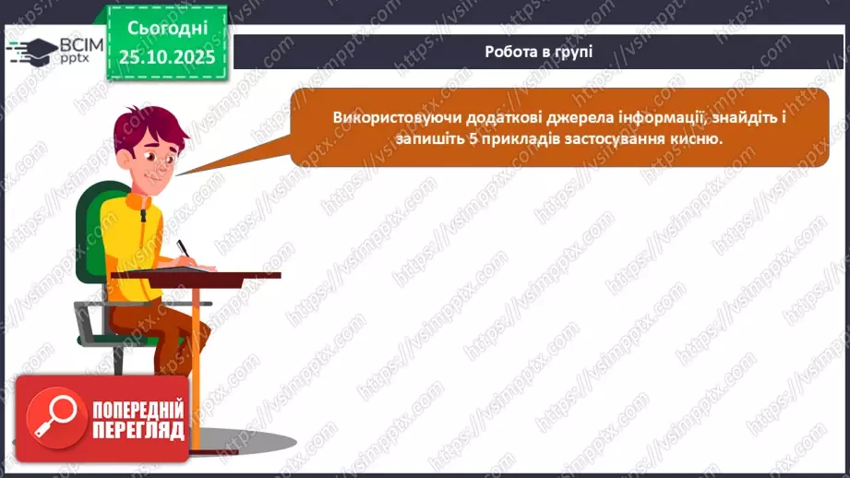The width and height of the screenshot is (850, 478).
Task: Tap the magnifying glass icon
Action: (52, 415)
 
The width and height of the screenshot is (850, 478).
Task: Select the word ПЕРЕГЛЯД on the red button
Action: (138, 430)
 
